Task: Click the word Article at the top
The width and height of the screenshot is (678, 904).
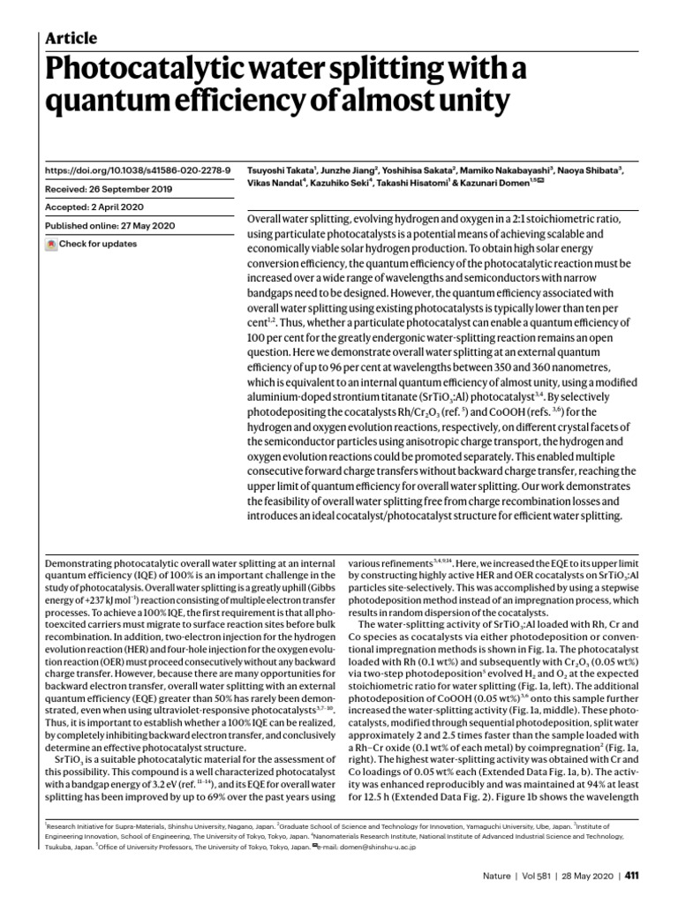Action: [x=71, y=38]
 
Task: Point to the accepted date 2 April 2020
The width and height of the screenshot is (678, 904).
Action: [x=129, y=207]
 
